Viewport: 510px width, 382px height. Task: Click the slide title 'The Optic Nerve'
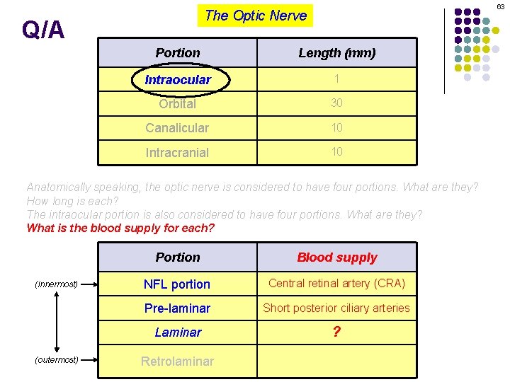[255, 16]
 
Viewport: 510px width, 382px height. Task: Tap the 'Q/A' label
[42, 30]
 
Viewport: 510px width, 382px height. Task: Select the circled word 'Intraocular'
[178, 80]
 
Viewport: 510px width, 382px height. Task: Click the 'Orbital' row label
[177, 104]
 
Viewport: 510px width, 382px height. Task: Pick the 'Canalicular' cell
[177, 128]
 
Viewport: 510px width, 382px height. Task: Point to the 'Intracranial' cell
[177, 152]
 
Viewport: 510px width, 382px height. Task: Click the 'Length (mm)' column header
[336, 53]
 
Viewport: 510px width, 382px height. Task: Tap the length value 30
[336, 103]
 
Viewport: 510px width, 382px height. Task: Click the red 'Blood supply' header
[336, 257]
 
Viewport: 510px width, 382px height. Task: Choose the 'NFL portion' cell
[177, 284]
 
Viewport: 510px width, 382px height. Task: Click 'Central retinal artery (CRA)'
[336, 284]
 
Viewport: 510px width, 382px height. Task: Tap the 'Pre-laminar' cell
[177, 308]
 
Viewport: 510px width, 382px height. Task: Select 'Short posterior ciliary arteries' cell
[336, 308]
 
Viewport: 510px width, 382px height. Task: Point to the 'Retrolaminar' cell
[177, 361]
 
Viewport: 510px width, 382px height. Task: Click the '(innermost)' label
[57, 284]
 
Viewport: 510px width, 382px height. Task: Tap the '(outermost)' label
[57, 360]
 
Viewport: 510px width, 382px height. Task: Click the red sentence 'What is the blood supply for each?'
[120, 228]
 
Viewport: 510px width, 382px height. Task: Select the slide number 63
[500, 6]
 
